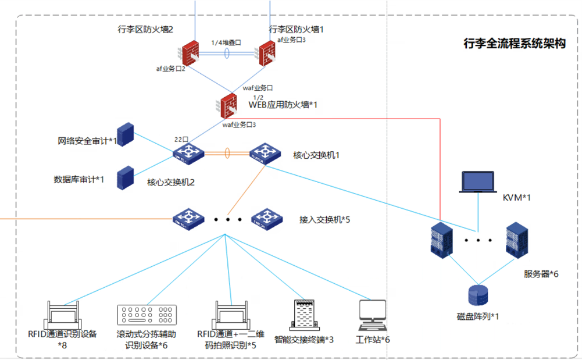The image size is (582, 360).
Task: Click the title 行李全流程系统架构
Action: tap(514, 44)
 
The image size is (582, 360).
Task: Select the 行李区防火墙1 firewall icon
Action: tap(267, 54)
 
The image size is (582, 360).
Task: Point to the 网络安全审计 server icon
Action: tap(126, 134)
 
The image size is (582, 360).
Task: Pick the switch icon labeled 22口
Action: tap(188, 154)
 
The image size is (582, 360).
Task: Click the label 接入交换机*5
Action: tap(324, 220)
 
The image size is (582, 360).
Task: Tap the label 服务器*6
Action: tap(541, 273)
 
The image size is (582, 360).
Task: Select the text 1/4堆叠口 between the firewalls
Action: tap(226, 42)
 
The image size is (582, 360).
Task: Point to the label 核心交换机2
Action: tap(170, 182)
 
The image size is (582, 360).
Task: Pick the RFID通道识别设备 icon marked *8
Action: tap(62, 314)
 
